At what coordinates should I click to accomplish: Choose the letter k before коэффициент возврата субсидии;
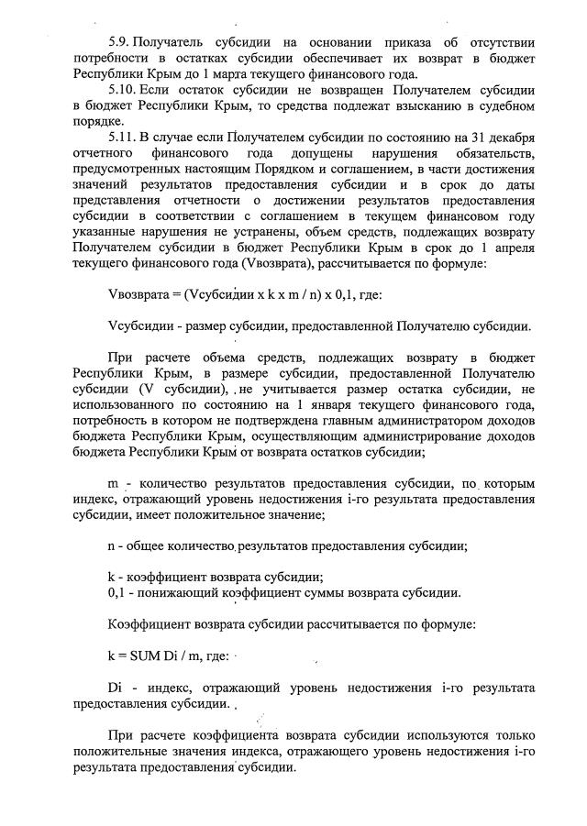coord(111,577)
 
